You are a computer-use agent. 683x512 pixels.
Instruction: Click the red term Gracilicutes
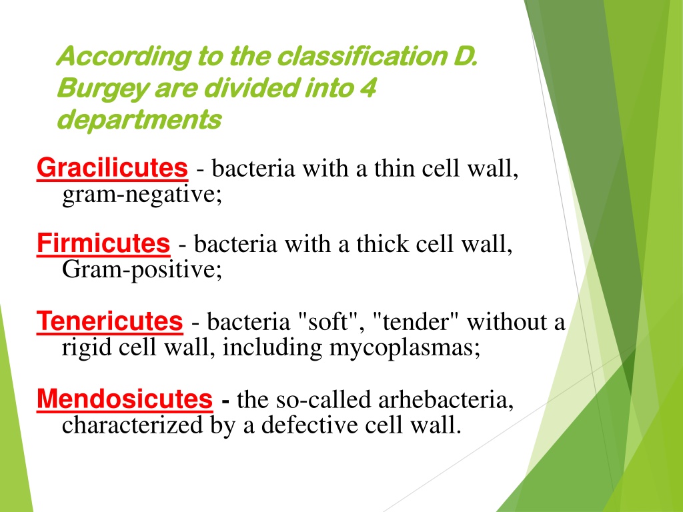coord(112,168)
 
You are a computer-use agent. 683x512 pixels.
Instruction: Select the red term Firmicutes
coord(103,243)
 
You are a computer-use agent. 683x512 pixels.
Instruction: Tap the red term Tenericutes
coord(110,321)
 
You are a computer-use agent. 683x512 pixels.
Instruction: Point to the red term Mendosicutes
coord(125,399)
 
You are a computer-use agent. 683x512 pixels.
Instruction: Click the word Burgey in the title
coord(102,89)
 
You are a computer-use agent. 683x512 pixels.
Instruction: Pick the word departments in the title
coord(139,119)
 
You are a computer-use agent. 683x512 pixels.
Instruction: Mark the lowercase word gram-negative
coord(142,195)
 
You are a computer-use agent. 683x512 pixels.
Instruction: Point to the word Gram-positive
coord(142,270)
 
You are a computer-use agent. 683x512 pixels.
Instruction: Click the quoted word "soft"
coord(331,322)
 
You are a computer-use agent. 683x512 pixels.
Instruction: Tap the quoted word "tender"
coord(416,322)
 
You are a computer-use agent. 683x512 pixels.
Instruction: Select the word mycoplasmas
coord(404,348)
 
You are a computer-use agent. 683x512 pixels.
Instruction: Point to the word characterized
coord(133,425)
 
